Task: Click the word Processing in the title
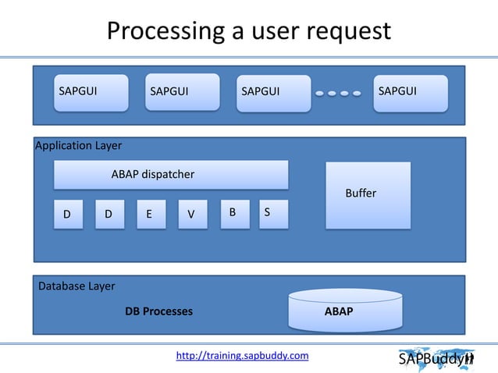pos(161,31)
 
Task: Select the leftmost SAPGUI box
pos(91,93)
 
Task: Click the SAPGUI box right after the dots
pos(411,93)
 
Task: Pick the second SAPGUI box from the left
pos(182,93)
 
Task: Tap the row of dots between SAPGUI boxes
pos(338,93)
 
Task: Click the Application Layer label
pos(79,145)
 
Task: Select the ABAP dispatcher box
pos(170,175)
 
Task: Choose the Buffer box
pos(368,195)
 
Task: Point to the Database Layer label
pos(76,286)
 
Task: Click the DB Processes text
pos(158,311)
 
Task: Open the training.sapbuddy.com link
pos(242,356)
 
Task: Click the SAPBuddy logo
pos(436,360)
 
